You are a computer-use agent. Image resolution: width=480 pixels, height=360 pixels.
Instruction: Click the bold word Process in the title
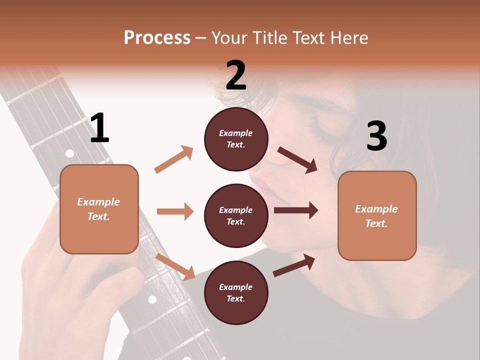157,38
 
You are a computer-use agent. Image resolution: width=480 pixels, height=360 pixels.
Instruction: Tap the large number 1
99,128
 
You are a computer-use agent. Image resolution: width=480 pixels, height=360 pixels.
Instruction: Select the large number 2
236,76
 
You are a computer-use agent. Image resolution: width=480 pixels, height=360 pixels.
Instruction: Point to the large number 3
376,136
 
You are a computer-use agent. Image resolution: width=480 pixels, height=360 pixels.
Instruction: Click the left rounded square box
99,209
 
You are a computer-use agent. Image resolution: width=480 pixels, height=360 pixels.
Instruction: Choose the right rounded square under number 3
377,215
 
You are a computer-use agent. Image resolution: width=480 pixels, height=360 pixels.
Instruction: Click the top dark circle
236,138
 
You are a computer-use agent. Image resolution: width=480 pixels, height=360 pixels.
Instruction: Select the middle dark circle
236,215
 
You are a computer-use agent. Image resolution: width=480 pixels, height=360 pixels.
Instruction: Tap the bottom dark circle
236,292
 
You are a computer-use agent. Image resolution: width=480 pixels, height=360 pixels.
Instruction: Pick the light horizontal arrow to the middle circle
175,211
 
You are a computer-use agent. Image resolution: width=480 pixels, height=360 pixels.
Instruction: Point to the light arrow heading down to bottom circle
175,266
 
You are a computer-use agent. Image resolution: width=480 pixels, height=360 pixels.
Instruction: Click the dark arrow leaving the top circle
297,160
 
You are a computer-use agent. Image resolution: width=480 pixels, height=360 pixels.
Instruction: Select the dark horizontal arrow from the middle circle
296,210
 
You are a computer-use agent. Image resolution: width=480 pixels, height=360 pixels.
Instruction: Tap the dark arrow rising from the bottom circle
294,265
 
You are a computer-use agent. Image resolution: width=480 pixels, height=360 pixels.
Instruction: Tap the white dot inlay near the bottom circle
152,299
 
